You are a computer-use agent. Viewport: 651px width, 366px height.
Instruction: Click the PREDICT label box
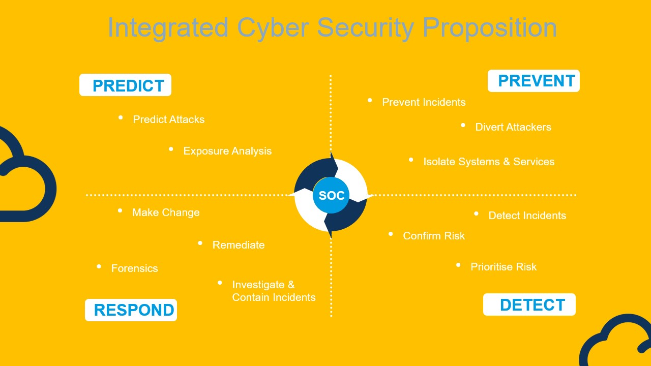click(x=125, y=85)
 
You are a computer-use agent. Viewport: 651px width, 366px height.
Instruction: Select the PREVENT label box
click(x=534, y=81)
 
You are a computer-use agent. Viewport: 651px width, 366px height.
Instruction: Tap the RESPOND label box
click(x=131, y=310)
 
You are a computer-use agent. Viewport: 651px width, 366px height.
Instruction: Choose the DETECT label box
click(x=529, y=304)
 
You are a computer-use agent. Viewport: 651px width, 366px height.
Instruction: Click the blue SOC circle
click(x=331, y=195)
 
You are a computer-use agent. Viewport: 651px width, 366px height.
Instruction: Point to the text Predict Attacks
click(x=169, y=119)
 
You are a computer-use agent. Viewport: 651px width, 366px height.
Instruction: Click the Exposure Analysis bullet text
click(x=227, y=151)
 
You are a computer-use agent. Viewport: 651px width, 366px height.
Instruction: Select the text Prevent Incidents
click(x=424, y=102)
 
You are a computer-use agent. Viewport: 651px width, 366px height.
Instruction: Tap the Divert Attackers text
click(x=513, y=127)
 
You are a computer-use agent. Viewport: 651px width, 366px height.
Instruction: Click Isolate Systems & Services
click(x=489, y=162)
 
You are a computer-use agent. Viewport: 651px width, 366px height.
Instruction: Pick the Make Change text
click(x=166, y=212)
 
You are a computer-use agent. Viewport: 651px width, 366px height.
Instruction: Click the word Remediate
click(x=239, y=245)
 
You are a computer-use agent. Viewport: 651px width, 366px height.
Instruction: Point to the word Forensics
click(x=135, y=268)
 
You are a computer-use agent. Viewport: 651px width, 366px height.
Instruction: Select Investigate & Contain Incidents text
click(x=274, y=291)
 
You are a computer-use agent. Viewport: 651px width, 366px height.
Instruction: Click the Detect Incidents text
click(x=527, y=216)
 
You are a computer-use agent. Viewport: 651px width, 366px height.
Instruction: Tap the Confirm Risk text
click(x=434, y=236)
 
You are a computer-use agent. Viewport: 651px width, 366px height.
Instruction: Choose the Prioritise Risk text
click(x=504, y=267)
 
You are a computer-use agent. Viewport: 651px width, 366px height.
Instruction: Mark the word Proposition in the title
click(x=490, y=28)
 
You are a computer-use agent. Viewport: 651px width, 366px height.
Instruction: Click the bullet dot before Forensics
click(x=99, y=266)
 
